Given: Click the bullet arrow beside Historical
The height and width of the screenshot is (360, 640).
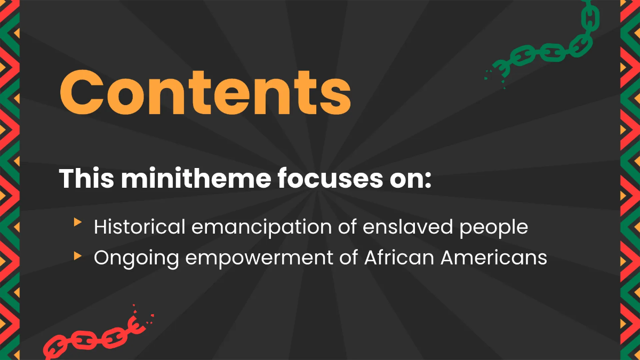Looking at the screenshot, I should tap(78, 222).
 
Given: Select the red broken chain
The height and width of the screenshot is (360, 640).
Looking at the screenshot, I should tap(91, 336).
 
